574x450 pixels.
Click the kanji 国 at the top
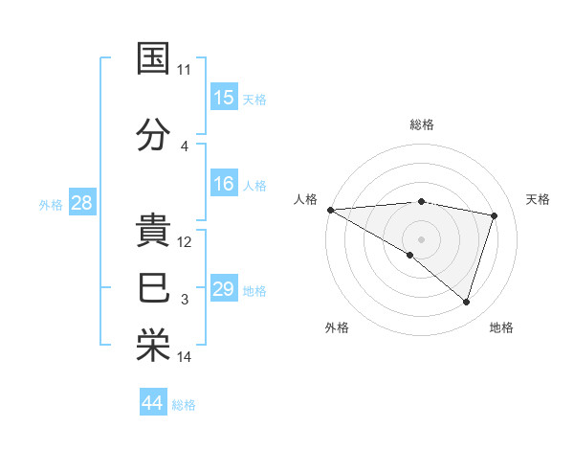pyautogui.click(x=154, y=58)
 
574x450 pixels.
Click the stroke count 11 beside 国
pyautogui.click(x=185, y=70)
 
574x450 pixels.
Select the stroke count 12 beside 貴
pyautogui.click(x=185, y=242)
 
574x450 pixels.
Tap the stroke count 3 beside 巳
pyautogui.click(x=185, y=300)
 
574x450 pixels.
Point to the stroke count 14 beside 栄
pyautogui.click(x=185, y=358)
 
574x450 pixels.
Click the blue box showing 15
pyautogui.click(x=224, y=98)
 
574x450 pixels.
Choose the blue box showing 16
pyautogui.click(x=224, y=184)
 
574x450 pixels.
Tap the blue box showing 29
pyautogui.click(x=224, y=289)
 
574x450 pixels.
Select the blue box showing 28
pyautogui.click(x=82, y=203)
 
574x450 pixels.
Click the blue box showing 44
pyautogui.click(x=153, y=403)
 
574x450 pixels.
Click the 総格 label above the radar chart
pyautogui.click(x=422, y=124)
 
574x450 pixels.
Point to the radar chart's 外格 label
pyautogui.click(x=337, y=328)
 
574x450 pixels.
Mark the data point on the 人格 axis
pyautogui.click(x=330, y=209)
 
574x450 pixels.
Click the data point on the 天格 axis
pyautogui.click(x=495, y=215)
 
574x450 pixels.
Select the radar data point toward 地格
pyautogui.click(x=467, y=303)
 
